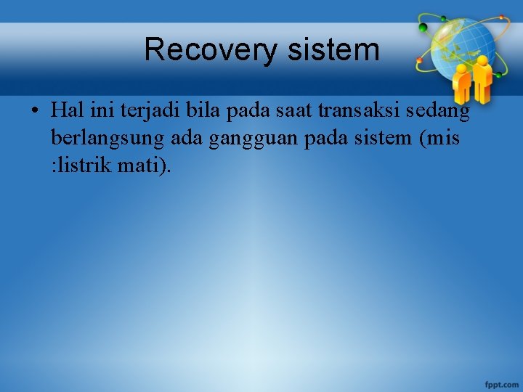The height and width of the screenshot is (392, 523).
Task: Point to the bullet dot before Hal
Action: pyautogui.click(x=35, y=112)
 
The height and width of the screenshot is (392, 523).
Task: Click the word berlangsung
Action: pyautogui.click(x=108, y=139)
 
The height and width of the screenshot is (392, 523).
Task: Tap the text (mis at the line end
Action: pyautogui.click(x=438, y=138)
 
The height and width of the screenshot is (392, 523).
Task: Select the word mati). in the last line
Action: pyautogui.click(x=147, y=165)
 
